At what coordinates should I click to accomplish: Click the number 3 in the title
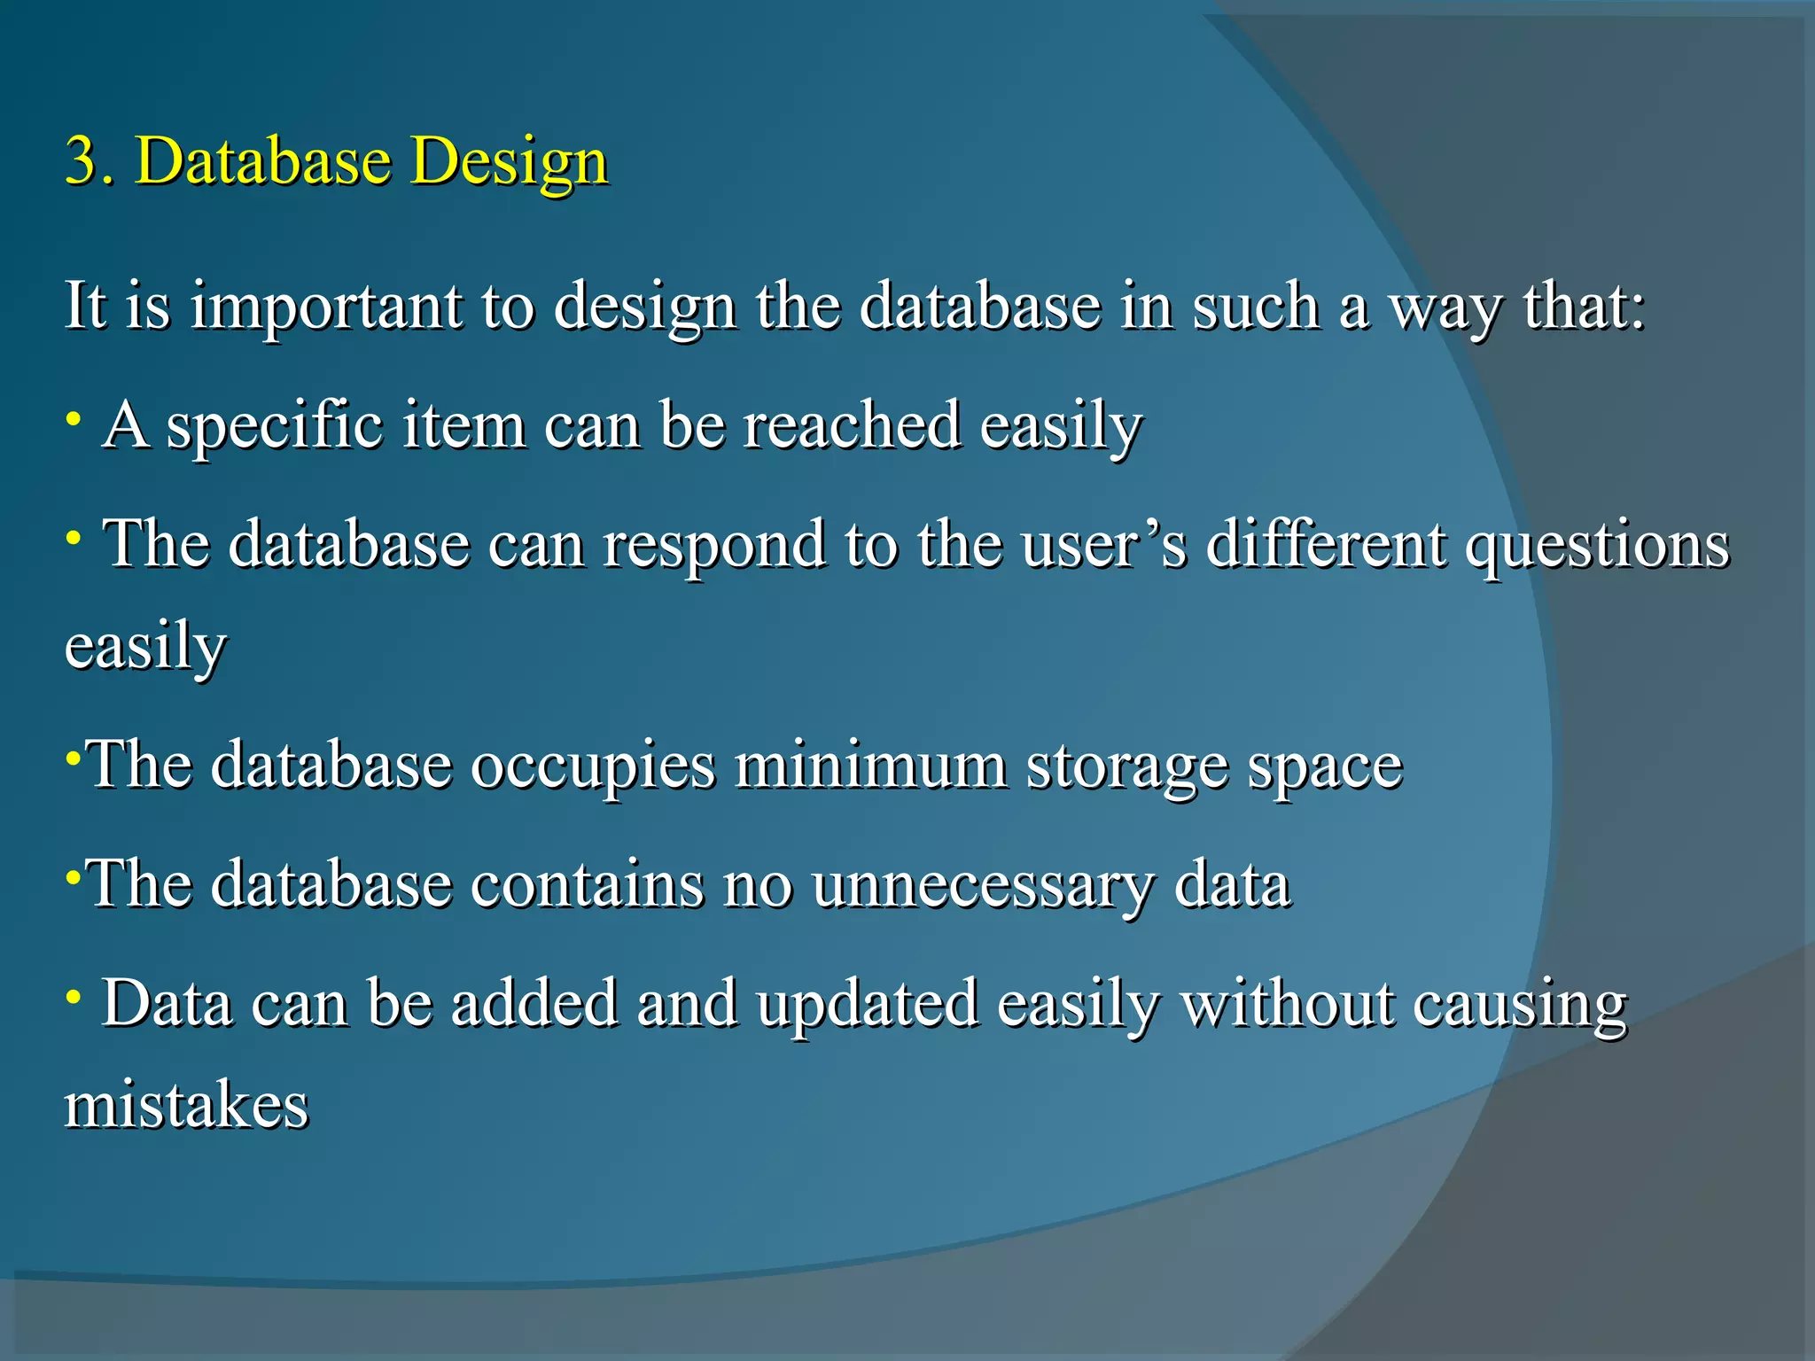(x=82, y=161)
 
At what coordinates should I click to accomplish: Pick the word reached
(x=851, y=425)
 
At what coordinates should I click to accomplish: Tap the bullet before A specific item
(x=74, y=416)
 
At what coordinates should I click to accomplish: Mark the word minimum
(x=870, y=764)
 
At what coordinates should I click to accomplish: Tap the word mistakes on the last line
(x=186, y=1106)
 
